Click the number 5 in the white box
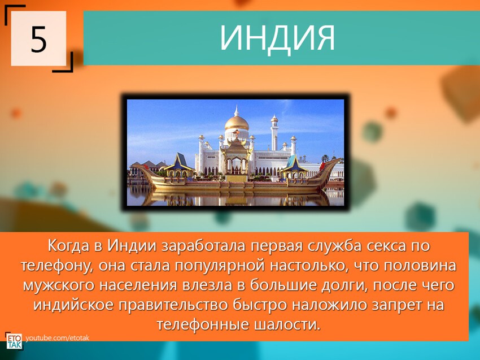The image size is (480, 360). (38, 40)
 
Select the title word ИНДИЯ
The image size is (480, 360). (277, 38)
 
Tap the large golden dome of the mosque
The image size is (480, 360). (237, 123)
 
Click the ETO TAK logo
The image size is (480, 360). (14, 341)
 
